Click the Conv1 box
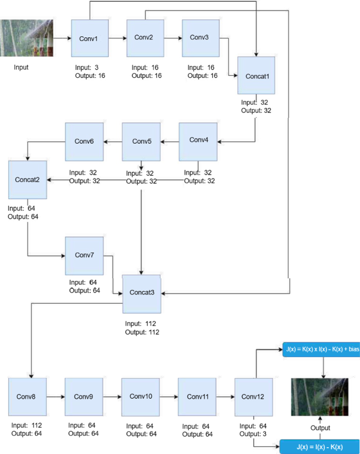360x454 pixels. (90, 38)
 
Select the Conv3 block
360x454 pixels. (200, 38)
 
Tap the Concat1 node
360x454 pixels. (256, 76)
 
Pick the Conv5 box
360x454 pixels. (141, 142)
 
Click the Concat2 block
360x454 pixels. (27, 180)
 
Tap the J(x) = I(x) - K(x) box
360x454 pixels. (320, 447)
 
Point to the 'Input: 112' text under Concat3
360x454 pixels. (141, 324)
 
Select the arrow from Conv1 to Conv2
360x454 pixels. (117, 38)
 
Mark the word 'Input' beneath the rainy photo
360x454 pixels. (22, 67)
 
